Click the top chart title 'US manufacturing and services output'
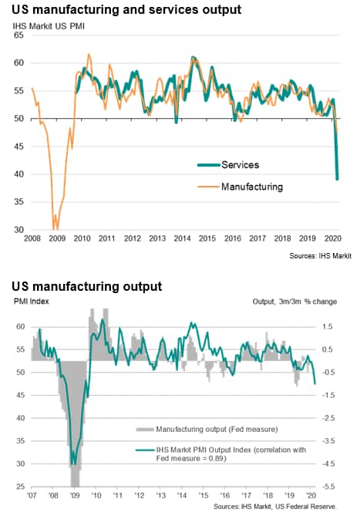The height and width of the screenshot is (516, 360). point(126,10)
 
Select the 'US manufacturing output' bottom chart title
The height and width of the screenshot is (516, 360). point(87,287)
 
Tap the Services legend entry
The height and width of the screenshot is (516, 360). point(228,165)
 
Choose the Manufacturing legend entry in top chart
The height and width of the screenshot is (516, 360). point(240,187)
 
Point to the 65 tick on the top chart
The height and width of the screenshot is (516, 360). point(19,35)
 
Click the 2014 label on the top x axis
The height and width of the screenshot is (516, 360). point(182,238)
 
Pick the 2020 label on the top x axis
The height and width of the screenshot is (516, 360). point(333,238)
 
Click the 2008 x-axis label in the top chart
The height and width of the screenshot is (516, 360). point(32,238)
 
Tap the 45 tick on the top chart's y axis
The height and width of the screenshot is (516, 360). point(19,147)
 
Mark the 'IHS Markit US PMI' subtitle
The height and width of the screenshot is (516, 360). point(49,26)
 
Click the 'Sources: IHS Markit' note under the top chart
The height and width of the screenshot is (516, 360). point(320,256)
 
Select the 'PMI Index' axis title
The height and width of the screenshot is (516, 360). point(32,302)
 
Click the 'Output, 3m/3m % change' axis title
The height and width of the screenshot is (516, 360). point(294,302)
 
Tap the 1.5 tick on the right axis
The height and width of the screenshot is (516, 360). point(328,327)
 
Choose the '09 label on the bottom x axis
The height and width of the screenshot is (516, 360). point(75,495)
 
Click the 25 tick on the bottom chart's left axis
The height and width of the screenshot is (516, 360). point(20,487)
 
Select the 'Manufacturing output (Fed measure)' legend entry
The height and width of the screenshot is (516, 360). point(207,429)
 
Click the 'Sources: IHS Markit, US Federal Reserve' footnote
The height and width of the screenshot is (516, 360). point(275,507)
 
